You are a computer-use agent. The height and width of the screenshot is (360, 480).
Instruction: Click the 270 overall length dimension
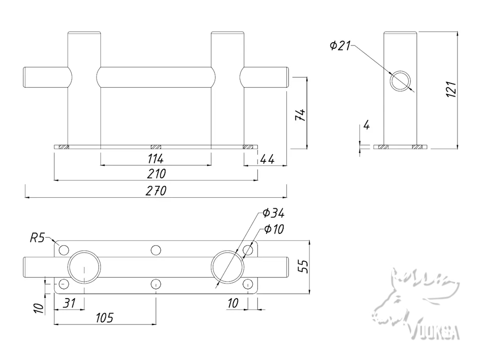point(156,191)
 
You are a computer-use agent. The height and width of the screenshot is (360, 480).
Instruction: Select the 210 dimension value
point(156,174)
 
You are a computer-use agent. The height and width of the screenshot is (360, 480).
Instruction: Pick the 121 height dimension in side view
point(450,89)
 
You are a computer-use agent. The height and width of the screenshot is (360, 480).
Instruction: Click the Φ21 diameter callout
point(340,45)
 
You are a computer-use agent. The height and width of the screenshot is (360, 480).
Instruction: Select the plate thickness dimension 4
point(367,125)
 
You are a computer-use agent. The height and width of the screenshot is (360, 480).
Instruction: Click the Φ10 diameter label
point(274,229)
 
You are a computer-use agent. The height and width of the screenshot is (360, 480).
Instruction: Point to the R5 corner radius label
point(37,238)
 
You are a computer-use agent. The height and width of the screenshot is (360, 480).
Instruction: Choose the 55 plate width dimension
point(303,266)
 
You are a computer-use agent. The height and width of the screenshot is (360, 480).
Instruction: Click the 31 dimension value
point(69,303)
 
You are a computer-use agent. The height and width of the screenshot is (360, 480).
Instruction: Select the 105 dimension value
point(104,318)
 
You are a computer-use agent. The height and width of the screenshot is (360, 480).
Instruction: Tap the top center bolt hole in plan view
point(156,250)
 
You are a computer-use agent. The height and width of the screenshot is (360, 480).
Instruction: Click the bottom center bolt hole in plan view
point(156,284)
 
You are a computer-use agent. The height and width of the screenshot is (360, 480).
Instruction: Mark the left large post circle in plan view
point(84,267)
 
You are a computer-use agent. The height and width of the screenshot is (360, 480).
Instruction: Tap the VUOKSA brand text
point(435,332)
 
